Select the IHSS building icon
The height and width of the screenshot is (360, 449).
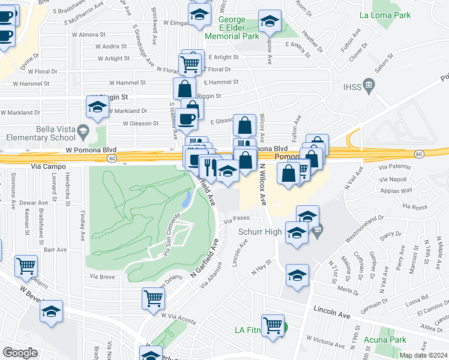point(369,87)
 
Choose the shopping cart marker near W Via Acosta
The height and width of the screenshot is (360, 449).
point(153,297)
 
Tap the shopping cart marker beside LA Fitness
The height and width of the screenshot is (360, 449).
point(273,325)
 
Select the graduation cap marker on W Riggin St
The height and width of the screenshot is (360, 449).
point(97,108)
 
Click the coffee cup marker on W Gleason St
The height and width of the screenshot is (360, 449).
point(188,119)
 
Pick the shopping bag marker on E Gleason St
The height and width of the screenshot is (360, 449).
point(244,126)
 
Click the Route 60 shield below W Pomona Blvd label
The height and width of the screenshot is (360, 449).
point(112,158)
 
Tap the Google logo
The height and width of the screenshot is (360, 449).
point(20,352)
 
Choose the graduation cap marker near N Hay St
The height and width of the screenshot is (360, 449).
point(297,275)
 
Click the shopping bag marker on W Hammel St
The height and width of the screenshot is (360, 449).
point(184,89)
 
